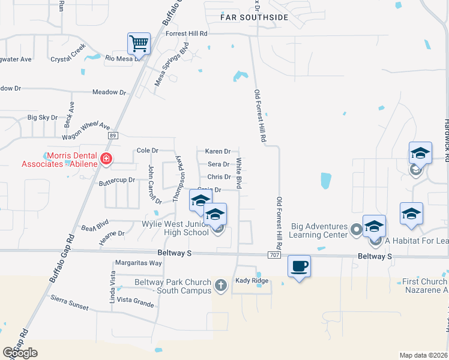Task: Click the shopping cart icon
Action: tap(139, 43)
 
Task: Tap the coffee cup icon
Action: tap(299, 266)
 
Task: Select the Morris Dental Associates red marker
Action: tap(106, 159)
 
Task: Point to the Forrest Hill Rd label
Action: tap(187, 34)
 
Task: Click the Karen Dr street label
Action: tap(217, 152)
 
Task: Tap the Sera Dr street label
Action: tap(218, 164)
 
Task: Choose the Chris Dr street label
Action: tap(219, 177)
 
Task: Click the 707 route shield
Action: tap(274, 256)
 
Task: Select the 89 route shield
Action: tap(113, 136)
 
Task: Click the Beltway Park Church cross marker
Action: tap(221, 286)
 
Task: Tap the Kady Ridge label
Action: tap(251, 281)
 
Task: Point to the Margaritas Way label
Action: tap(139, 263)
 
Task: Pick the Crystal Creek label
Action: tap(69, 59)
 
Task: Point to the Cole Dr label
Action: tap(147, 151)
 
